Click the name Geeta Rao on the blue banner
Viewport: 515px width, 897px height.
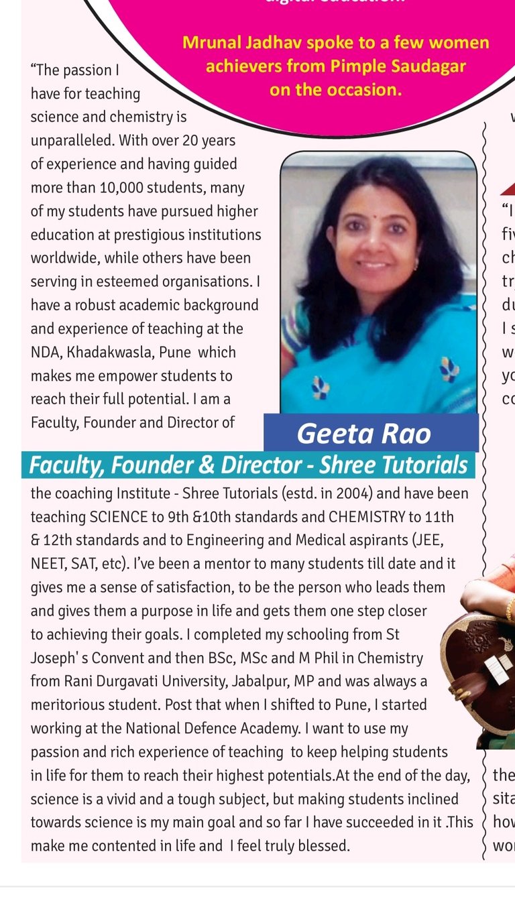coord(363,434)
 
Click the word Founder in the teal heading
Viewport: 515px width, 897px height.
coord(158,465)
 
